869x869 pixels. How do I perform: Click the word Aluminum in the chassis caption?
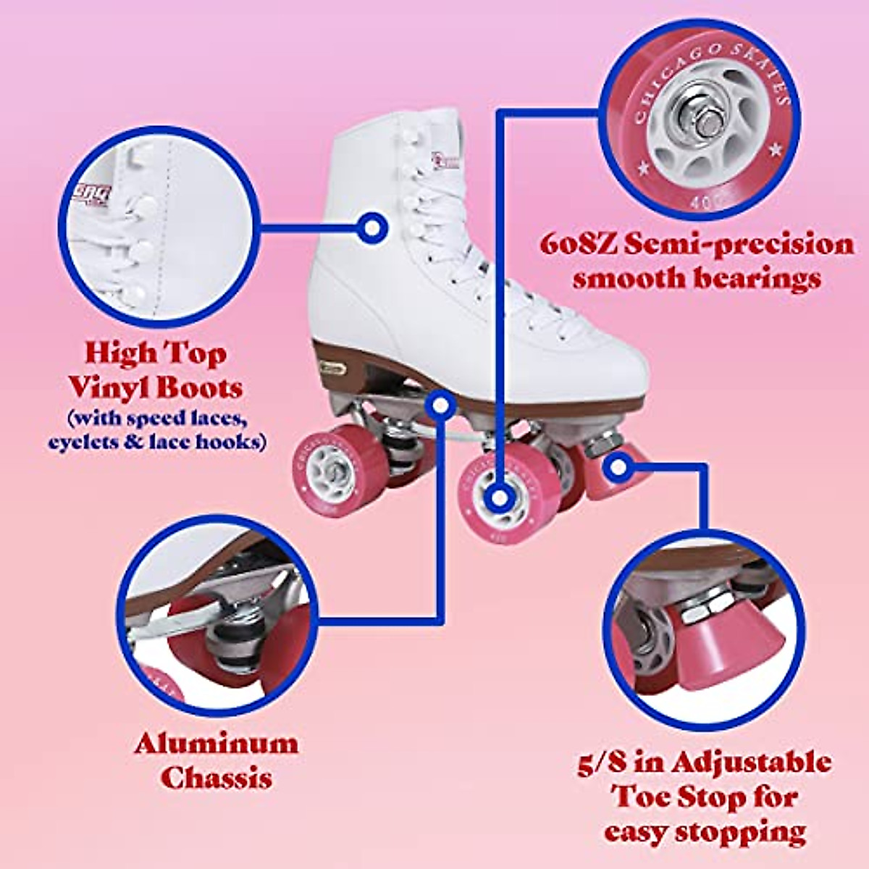coord(216,744)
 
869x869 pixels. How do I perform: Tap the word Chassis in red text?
coord(216,778)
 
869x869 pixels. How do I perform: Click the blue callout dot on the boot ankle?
coord(372,227)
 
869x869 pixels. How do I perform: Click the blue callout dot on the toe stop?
coord(618,468)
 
